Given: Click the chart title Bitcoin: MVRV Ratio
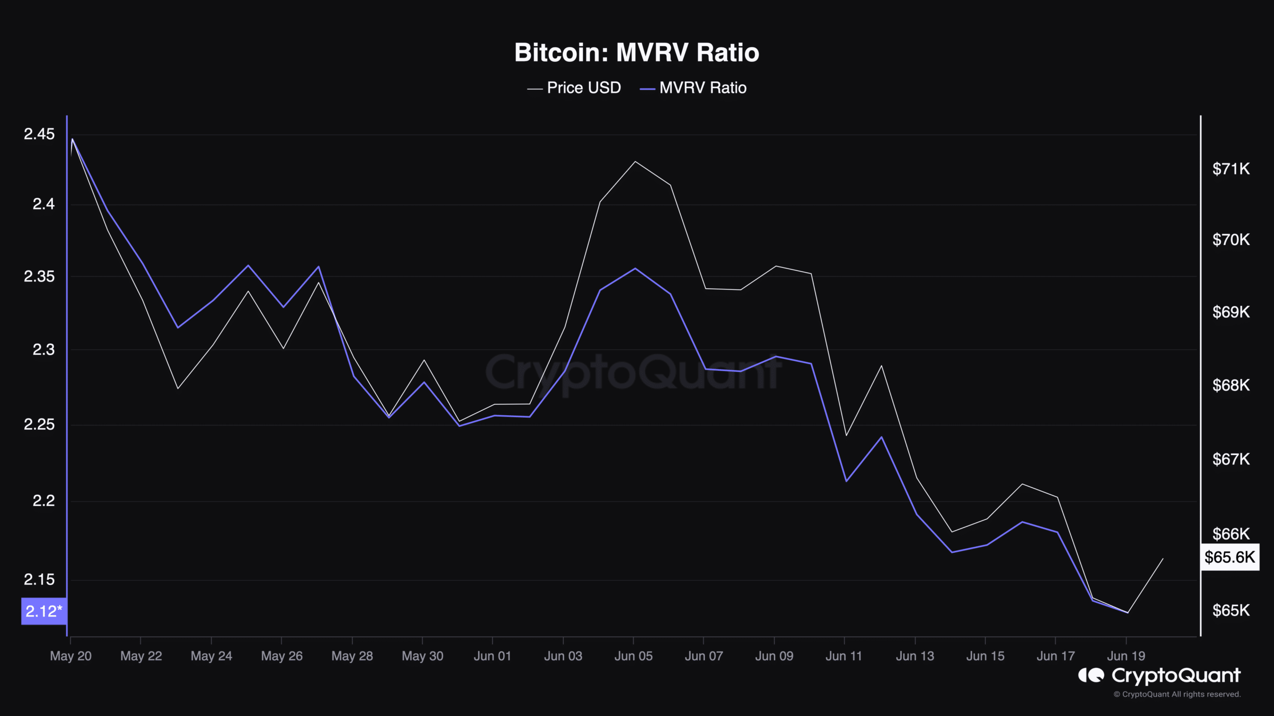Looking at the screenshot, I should (637, 53).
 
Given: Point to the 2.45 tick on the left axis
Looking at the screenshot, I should (39, 134).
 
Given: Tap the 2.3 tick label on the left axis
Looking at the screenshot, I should (43, 350).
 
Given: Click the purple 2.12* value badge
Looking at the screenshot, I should (44, 611).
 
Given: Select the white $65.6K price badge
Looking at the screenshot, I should (1230, 557).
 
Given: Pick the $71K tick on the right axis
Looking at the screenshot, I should (1231, 169).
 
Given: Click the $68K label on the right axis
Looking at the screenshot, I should (1231, 385).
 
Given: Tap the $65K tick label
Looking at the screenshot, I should (1231, 610).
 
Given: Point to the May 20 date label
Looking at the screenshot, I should (71, 656).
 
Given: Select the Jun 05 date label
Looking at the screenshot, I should (633, 656).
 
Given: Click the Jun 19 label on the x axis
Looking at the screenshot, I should (1126, 656).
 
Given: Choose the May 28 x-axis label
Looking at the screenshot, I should (352, 656).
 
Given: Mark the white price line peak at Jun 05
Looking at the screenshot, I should (635, 162).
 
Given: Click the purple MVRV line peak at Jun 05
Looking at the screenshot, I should (635, 268).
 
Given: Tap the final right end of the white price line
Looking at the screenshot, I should (1163, 558).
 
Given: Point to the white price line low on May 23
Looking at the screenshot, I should (178, 388).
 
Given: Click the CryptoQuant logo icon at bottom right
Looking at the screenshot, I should (1091, 675).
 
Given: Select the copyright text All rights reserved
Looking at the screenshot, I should (1177, 694).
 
